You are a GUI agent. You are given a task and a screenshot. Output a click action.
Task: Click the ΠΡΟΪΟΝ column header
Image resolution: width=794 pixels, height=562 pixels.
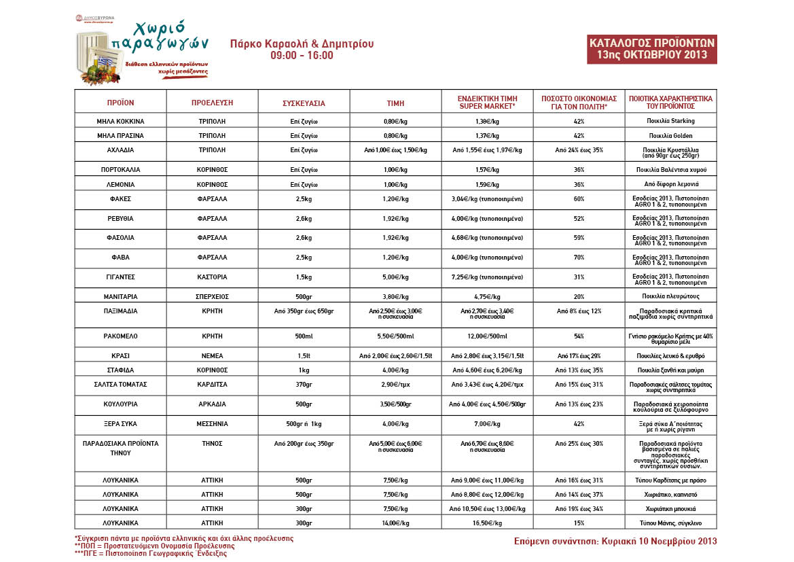pyautogui.click(x=120, y=103)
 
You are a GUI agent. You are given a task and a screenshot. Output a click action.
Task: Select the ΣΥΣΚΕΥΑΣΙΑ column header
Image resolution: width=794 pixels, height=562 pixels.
pyautogui.click(x=304, y=103)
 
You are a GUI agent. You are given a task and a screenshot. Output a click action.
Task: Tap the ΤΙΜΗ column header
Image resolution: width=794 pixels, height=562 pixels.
pyautogui.click(x=395, y=103)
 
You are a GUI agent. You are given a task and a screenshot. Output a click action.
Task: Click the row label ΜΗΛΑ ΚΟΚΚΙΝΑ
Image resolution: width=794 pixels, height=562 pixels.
pyautogui.click(x=120, y=121)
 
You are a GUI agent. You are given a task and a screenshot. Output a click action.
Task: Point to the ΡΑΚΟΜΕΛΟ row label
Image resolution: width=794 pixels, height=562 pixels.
pyautogui.click(x=120, y=336)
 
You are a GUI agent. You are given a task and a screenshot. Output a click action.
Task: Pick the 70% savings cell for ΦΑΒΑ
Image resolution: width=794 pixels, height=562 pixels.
pyautogui.click(x=579, y=258)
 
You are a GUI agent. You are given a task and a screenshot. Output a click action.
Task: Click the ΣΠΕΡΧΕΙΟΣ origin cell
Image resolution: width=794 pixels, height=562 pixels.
pyautogui.click(x=212, y=296)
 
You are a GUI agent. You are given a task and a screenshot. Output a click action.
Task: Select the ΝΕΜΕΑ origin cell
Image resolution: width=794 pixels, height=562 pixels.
pyautogui.click(x=212, y=355)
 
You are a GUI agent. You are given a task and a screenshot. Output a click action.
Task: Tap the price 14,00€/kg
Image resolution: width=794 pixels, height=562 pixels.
pyautogui.click(x=395, y=523)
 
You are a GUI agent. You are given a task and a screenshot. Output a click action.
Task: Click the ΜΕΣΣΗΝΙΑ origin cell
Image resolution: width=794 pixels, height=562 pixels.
pyautogui.click(x=212, y=423)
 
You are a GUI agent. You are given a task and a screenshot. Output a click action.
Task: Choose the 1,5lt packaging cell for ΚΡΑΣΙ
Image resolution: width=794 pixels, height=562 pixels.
pyautogui.click(x=304, y=355)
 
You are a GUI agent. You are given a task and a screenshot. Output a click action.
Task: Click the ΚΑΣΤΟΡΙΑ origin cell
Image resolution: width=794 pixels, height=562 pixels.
pyautogui.click(x=212, y=277)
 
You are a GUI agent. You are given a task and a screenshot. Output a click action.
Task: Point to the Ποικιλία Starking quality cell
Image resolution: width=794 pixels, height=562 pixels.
pyautogui.click(x=670, y=121)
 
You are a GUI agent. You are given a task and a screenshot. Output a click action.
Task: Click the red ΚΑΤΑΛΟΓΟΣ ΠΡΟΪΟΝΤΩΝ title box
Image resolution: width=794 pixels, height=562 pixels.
pyautogui.click(x=651, y=48)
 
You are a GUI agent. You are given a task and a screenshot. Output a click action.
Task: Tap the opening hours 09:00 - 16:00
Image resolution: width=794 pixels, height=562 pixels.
pyautogui.click(x=302, y=56)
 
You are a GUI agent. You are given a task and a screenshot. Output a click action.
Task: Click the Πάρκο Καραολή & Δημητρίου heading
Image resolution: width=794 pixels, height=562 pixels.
pyautogui.click(x=302, y=44)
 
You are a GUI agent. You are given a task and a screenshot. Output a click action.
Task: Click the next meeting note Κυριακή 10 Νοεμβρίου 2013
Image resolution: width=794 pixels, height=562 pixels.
pyautogui.click(x=615, y=541)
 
